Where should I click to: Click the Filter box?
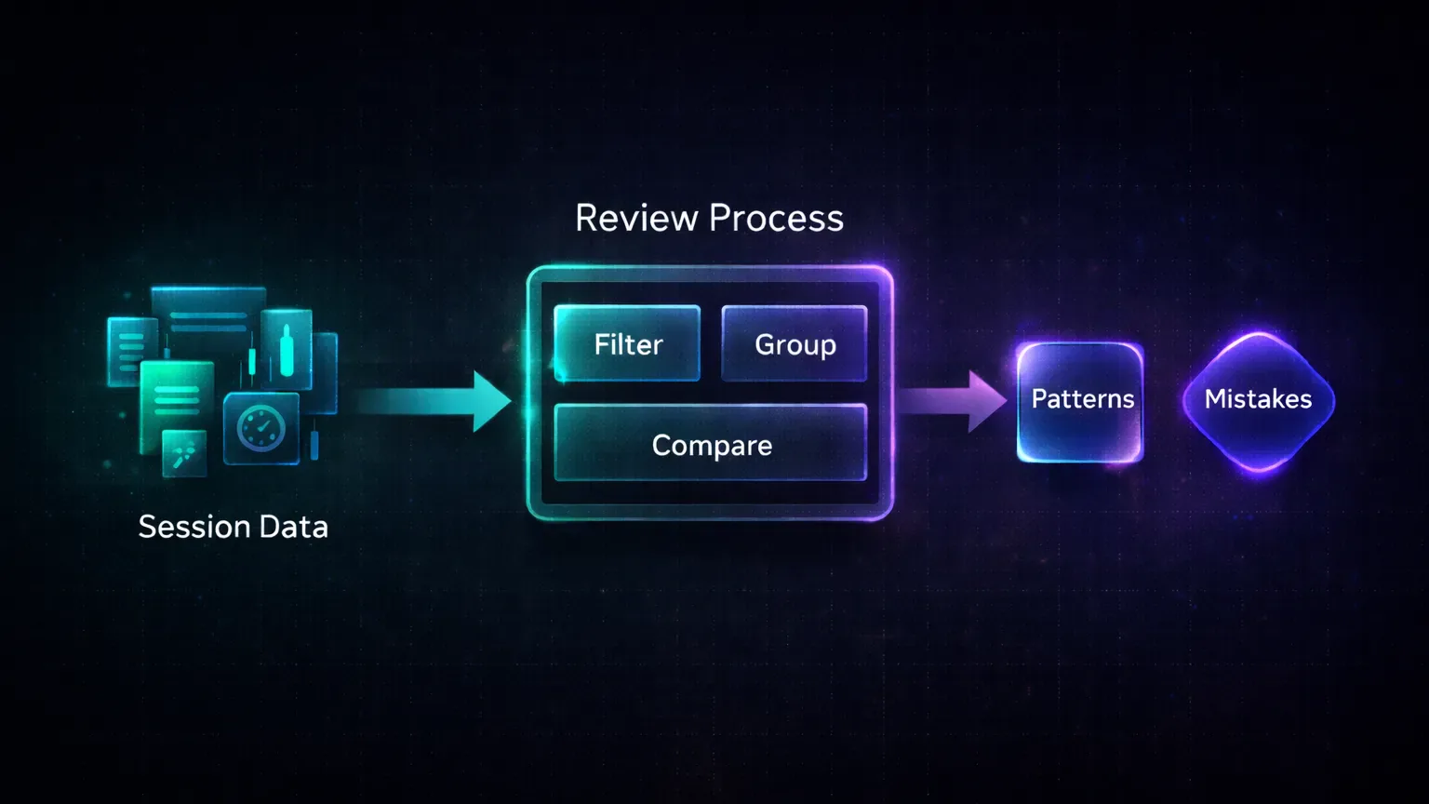627,343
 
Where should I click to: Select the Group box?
795,343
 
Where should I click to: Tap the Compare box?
711,444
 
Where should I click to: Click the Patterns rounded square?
1080,401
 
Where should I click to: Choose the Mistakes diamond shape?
1258,400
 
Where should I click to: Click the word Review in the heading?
636,219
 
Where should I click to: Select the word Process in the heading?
776,219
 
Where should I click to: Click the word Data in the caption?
293,527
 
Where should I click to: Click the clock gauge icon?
261,429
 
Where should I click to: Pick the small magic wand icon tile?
184,454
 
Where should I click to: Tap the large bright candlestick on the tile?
287,351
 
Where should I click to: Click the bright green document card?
177,400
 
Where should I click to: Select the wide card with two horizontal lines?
208,312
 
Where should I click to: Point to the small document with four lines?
131,348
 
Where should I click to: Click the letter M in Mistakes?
1215,399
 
